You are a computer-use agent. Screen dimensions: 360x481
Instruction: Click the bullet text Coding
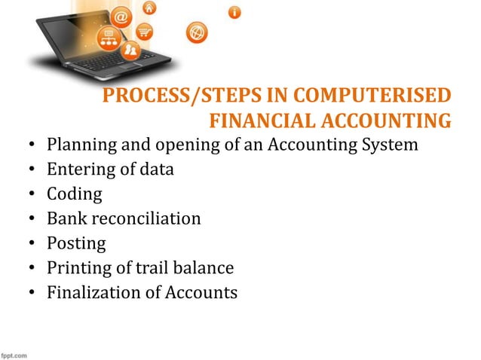tap(74, 194)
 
